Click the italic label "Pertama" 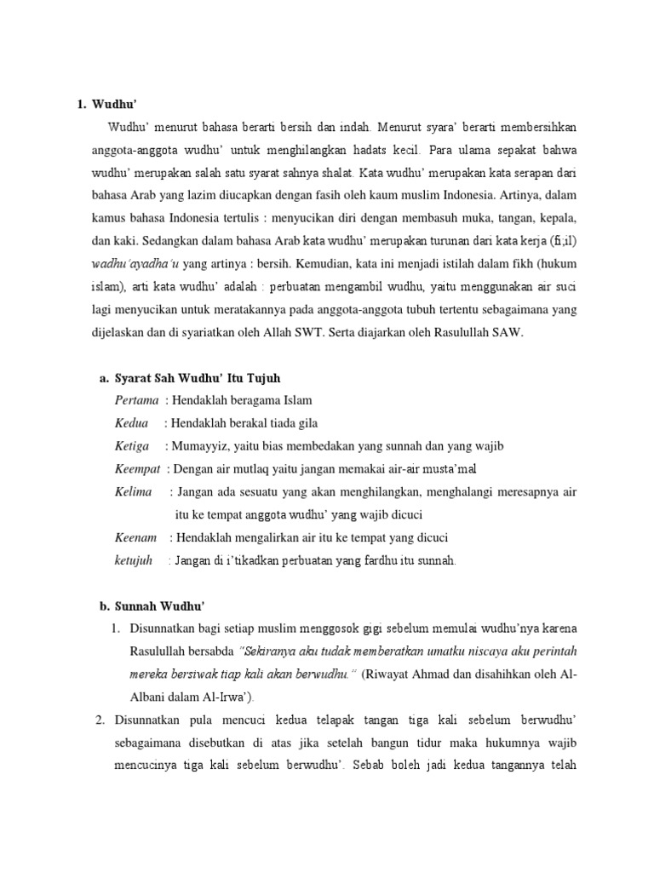point(136,400)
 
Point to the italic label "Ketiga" point(132,446)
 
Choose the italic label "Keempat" point(139,469)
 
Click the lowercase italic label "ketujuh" point(134,560)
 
